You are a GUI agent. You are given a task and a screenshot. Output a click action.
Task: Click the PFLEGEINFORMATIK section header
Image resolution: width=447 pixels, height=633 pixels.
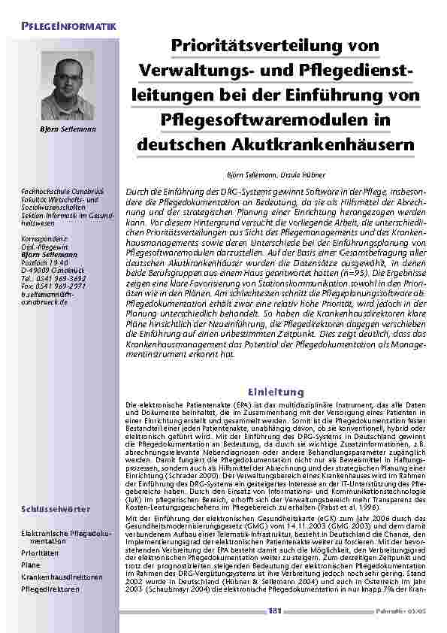pos(68,26)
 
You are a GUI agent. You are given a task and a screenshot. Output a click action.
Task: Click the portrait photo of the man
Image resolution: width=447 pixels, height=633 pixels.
pos(68,84)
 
